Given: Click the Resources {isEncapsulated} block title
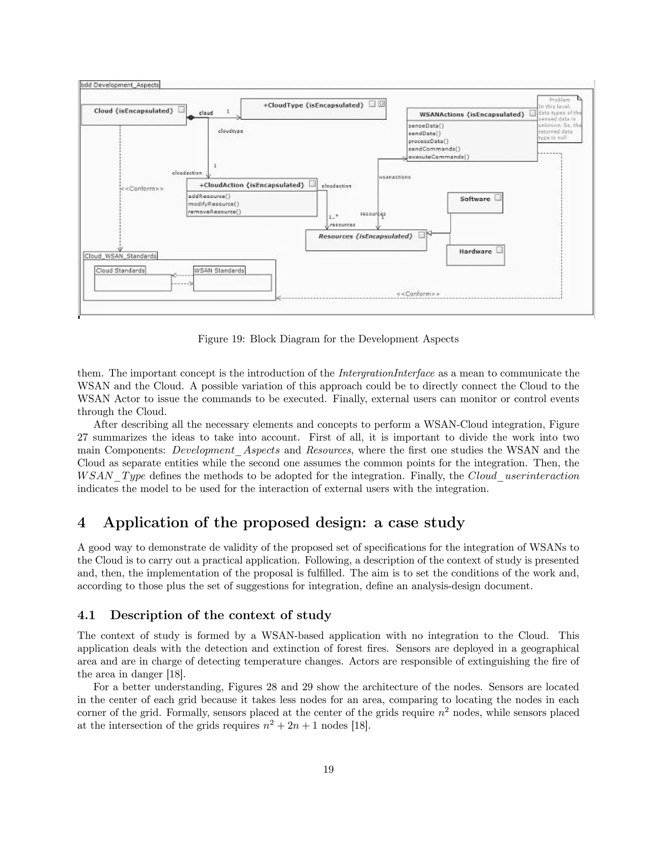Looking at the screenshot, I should pos(365,236).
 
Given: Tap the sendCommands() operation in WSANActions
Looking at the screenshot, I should pos(434,149).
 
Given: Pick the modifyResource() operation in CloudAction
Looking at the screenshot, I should pos(213,204).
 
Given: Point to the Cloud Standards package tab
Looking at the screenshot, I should pos(120,270).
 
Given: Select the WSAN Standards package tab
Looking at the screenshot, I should pos(219,270).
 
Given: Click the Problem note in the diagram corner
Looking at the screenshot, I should pos(559,119).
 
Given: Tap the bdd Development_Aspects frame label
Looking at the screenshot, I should pos(120,85).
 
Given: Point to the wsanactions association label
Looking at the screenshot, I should pos(394,177).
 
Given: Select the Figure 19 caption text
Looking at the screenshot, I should pos(328,339).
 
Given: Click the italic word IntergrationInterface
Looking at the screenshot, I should pos(386,373).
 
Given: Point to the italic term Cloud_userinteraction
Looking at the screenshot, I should pos(524,476).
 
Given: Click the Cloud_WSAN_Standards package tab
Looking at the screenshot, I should pos(120,256).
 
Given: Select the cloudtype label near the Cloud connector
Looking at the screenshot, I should pos(230,132).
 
